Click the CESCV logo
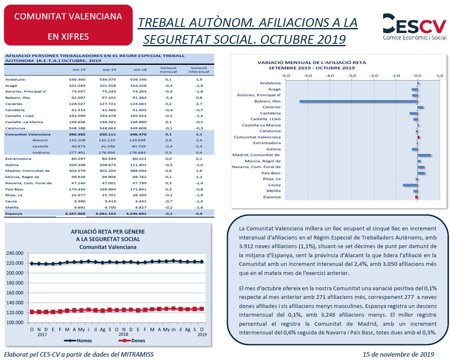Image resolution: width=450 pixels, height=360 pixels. point(414,26)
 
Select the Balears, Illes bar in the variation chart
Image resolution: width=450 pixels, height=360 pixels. point(359,101)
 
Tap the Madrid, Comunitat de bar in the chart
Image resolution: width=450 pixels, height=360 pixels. point(424,155)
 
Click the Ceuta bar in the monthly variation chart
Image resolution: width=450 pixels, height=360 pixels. point(410,185)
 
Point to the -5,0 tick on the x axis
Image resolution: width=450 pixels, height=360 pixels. point(308,76)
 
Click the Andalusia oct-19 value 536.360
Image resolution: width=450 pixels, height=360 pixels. point(77,80)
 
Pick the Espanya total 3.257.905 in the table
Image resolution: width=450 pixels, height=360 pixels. point(75,213)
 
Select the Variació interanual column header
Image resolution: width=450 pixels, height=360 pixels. point(199,70)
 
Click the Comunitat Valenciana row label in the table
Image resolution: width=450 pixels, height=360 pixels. point(28,134)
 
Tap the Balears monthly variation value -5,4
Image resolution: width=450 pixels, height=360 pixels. point(168,97)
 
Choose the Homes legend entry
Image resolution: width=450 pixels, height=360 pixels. point(78,341)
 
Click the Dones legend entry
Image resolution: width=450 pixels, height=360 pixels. point(132,341)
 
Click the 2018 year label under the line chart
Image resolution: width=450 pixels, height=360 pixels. point(123,334)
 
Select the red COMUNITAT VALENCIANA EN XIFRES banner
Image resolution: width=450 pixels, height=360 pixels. point(68,25)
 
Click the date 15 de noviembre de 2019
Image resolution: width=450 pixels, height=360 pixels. point(398,355)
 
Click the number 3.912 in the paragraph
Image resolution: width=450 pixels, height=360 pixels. point(246,246)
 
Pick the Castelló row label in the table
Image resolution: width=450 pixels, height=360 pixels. point(40,147)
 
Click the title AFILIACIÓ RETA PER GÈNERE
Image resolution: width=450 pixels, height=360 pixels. point(108,232)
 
